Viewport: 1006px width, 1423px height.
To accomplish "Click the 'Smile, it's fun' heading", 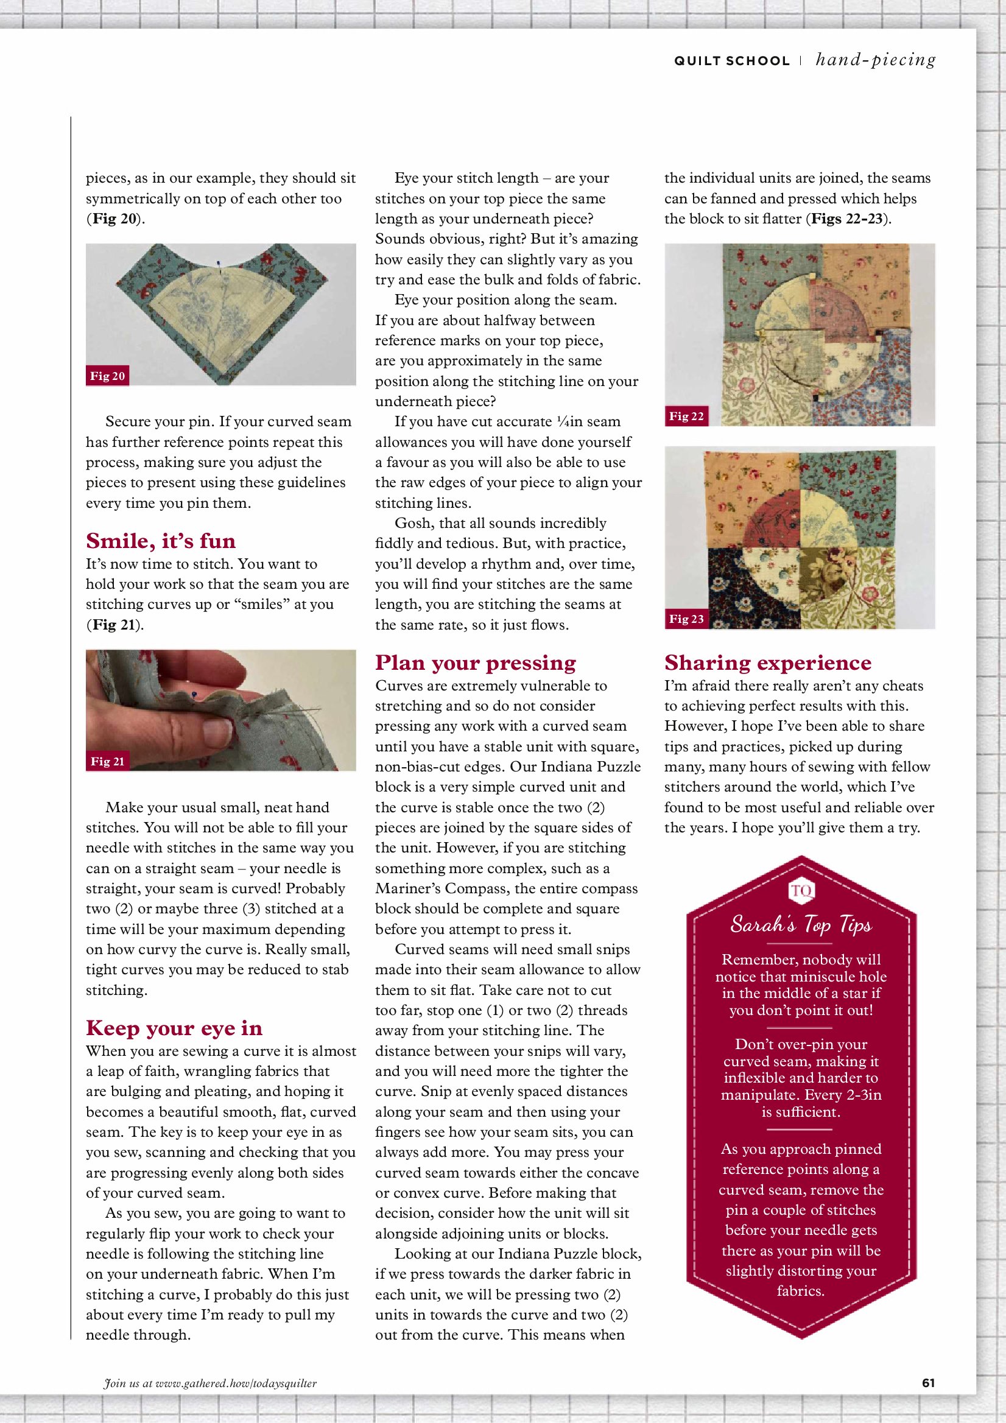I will coord(161,541).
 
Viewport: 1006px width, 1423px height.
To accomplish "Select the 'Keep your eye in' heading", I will coord(174,1028).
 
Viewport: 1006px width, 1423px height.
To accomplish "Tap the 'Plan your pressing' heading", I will coord(476,662).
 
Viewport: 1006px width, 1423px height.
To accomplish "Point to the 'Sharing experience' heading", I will coord(767,662).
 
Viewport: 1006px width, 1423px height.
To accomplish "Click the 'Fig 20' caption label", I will coord(107,376).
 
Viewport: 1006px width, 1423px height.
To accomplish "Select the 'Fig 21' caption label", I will coord(107,761).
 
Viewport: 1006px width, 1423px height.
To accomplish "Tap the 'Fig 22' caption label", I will coord(686,416).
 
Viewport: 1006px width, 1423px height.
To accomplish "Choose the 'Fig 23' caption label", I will coord(686,619).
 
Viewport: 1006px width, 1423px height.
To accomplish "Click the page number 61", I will coord(928,1383).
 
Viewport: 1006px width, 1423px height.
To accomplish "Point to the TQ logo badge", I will coord(801,891).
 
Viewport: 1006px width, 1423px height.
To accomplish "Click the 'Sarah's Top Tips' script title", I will coord(801,924).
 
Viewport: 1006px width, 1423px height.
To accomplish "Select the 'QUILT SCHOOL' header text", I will coord(731,61).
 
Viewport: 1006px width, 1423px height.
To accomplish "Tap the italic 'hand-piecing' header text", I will coord(875,60).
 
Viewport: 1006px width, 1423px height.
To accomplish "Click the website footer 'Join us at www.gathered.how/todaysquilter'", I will coord(210,1383).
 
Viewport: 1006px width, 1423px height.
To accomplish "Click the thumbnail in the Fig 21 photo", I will coord(217,731).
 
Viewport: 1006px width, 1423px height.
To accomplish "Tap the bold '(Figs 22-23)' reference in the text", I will coord(847,219).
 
